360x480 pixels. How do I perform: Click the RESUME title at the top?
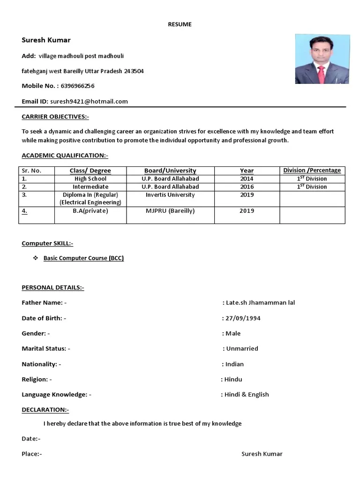180,24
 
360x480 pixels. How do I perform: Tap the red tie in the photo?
322,74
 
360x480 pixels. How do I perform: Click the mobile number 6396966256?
77,86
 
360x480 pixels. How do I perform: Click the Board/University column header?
170,171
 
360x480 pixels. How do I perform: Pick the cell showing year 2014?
247,179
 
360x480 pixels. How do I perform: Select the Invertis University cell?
170,195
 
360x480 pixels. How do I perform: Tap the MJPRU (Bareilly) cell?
170,211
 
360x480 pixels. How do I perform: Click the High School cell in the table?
90,179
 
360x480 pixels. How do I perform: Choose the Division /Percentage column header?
312,170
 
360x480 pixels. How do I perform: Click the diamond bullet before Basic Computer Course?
35,258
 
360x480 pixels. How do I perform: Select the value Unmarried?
242,349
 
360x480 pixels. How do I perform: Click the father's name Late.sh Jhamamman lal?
260,303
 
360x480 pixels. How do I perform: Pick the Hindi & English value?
247,395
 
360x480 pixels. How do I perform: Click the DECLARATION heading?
45,410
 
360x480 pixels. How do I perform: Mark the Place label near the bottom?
31,454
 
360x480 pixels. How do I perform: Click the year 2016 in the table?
247,187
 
